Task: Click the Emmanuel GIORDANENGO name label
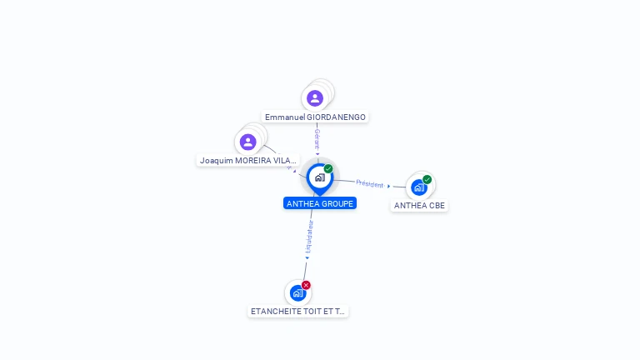pos(315,117)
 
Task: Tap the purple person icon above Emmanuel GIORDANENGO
pos(315,98)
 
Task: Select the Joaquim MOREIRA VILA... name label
pos(248,160)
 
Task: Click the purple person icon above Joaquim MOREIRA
pos(247,142)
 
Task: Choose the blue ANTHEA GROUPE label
pos(320,203)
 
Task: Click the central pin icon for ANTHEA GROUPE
pos(319,177)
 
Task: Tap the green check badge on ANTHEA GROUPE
pos(328,169)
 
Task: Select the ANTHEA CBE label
pos(419,206)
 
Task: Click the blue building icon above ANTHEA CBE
pos(419,187)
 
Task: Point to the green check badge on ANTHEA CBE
pos(427,179)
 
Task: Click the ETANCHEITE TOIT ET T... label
pos(297,312)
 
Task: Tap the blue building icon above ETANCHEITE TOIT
pos(297,292)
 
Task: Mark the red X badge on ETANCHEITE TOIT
pos(306,285)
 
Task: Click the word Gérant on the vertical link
pos(317,137)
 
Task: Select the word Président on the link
pos(369,182)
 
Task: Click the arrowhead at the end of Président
pos(389,186)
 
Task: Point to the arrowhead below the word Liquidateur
pos(307,257)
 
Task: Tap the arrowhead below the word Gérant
pos(317,153)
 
